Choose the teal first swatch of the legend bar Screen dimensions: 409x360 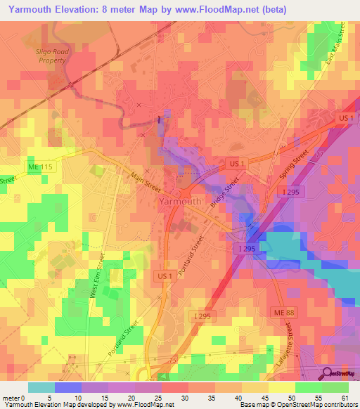click(41, 387)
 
